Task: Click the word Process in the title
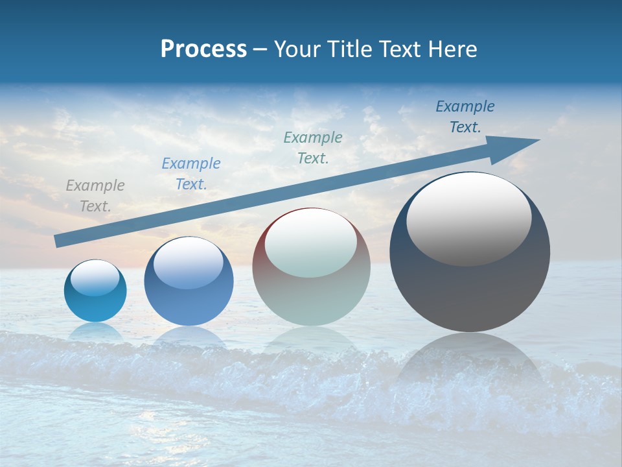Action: pyautogui.click(x=203, y=49)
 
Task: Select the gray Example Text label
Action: pyautogui.click(x=95, y=196)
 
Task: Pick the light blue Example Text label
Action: pyautogui.click(x=191, y=174)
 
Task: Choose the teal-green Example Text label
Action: pyautogui.click(x=313, y=147)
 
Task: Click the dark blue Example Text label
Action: pyautogui.click(x=465, y=117)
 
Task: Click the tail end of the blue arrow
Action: pyautogui.click(x=58, y=241)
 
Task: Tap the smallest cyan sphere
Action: pyautogui.click(x=95, y=305)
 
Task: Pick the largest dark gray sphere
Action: pyautogui.click(x=470, y=292)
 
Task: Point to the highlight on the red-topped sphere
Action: pyautogui.click(x=310, y=243)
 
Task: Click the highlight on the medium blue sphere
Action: pyautogui.click(x=188, y=263)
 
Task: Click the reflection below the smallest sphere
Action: pyautogui.click(x=96, y=332)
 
